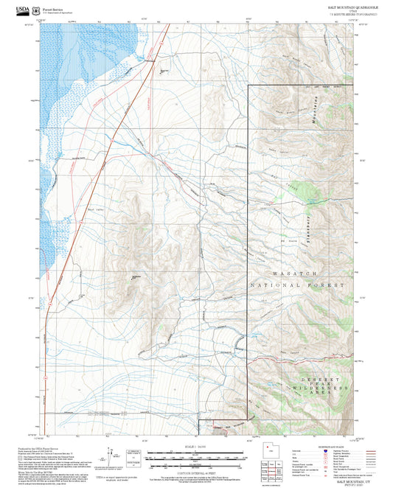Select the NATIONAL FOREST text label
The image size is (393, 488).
coord(297,285)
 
